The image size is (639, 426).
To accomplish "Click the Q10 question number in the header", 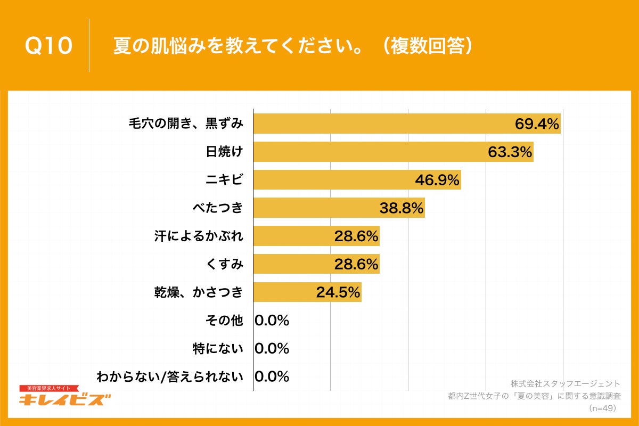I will [x=48, y=46].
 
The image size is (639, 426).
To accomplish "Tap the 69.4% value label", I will [x=537, y=124].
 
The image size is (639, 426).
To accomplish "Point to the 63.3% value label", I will [x=510, y=152].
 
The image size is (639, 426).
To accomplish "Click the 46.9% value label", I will [x=437, y=181].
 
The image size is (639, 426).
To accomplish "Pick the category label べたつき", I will [x=218, y=208].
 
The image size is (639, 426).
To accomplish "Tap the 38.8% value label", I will [x=402, y=208].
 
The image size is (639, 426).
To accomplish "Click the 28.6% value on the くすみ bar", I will [x=356, y=264].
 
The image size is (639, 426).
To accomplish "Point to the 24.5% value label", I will [x=338, y=292].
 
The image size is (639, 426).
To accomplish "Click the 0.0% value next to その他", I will [x=272, y=321].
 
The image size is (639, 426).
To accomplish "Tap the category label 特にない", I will [x=218, y=349].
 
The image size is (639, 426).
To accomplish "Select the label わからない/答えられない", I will [x=170, y=377].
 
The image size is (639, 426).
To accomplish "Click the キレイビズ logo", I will [x=65, y=397].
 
